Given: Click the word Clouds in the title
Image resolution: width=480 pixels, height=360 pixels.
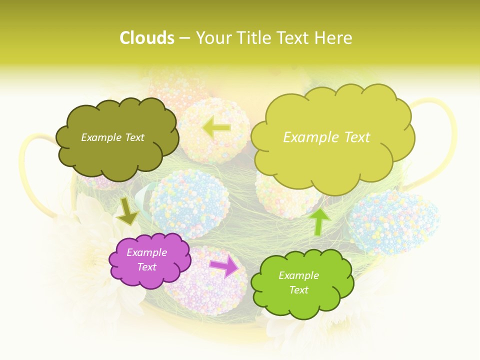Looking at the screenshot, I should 147,38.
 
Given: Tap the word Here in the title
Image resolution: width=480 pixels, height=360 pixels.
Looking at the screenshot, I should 334,38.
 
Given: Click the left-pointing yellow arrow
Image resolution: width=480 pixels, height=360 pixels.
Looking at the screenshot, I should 216,127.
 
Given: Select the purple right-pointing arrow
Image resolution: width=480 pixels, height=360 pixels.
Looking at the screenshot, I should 224,267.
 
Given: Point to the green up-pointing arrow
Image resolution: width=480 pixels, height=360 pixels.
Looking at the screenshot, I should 319,221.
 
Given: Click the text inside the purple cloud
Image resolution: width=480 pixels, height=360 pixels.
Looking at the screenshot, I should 147,260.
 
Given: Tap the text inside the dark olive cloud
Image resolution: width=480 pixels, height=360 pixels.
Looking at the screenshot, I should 112,137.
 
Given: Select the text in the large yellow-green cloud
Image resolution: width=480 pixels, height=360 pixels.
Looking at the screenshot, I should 326,137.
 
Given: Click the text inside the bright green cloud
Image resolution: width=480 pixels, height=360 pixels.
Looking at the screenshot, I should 298,282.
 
